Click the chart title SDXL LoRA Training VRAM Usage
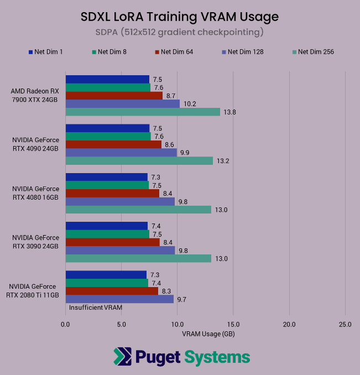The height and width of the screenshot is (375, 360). pos(180,17)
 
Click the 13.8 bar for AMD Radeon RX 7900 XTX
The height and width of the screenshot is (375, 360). pos(143,112)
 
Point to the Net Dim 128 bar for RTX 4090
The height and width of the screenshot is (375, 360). pos(121,153)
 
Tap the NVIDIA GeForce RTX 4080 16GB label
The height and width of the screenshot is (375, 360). pos(35,193)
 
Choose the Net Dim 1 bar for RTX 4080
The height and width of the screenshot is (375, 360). pos(106,177)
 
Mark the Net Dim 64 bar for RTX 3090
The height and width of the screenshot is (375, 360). pos(112,242)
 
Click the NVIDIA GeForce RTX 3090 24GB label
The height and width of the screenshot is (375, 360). pos(35,242)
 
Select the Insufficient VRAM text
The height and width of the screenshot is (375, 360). pos(95,307)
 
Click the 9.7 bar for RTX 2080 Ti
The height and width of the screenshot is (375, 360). pos(119,299)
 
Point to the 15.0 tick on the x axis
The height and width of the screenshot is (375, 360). pos(233,324)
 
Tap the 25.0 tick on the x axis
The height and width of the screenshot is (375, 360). pos(345,324)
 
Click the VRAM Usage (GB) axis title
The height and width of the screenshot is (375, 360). pos(205,334)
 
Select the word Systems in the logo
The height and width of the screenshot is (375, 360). pos(217,357)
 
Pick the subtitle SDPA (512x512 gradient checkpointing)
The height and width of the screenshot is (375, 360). pos(180,33)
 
